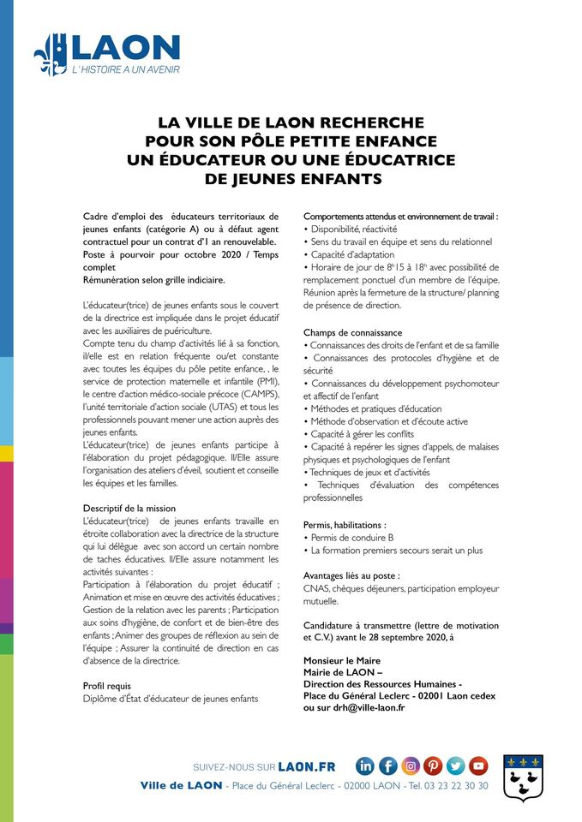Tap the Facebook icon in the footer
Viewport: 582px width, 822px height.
pyautogui.click(x=388, y=766)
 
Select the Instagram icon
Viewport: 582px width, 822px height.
pyautogui.click(x=411, y=766)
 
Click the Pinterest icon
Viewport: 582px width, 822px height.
pyautogui.click(x=433, y=766)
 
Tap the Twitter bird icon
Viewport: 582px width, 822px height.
pyautogui.click(x=455, y=766)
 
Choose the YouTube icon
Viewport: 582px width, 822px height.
pyautogui.click(x=478, y=766)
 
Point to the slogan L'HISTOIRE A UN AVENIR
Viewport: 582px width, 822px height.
pyautogui.click(x=125, y=69)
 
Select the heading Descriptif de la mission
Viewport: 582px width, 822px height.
pyautogui.click(x=133, y=509)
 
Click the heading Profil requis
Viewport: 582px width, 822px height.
pyautogui.click(x=107, y=686)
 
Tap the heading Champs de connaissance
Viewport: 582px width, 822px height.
pyautogui.click(x=352, y=332)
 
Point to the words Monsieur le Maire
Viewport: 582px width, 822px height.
pyautogui.click(x=342, y=660)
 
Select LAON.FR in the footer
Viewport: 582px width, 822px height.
pyautogui.click(x=307, y=766)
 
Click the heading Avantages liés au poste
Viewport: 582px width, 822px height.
pyautogui.click(x=351, y=575)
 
